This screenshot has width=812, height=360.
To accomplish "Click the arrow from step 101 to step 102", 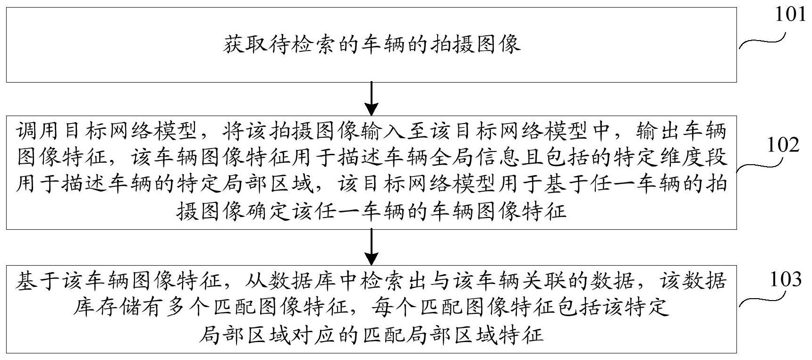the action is (372, 99).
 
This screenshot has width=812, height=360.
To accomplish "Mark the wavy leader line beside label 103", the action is (762, 300).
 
